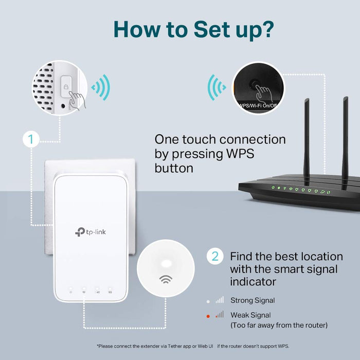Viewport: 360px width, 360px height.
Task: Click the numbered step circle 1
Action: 31,139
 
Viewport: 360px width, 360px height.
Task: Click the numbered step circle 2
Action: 215,256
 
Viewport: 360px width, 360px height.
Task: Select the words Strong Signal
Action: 253,300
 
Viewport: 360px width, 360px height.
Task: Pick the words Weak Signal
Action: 250,315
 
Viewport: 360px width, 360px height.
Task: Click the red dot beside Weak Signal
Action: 207,315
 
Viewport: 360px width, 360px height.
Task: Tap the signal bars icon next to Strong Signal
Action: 220,300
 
